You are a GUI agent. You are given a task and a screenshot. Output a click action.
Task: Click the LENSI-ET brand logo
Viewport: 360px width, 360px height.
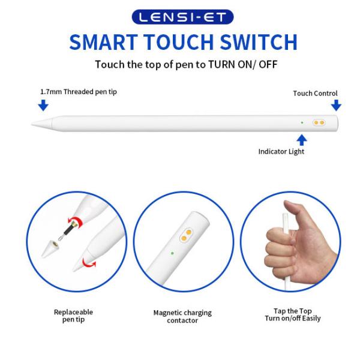[x=182, y=17]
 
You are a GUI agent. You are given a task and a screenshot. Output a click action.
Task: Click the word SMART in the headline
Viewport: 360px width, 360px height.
[x=104, y=42]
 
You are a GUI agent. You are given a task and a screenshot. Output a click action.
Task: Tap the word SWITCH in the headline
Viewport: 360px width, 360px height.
[x=259, y=42]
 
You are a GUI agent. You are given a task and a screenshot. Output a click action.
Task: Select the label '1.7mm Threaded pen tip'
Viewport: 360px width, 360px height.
[x=79, y=92]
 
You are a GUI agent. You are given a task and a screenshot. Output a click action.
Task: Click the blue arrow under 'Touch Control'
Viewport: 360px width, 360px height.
[x=336, y=105]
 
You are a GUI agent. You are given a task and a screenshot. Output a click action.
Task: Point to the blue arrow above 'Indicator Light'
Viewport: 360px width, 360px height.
[x=302, y=140]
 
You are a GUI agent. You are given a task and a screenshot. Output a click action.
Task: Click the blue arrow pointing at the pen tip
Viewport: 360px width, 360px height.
[x=43, y=105]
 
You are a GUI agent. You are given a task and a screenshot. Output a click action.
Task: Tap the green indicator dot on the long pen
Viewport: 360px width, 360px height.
[x=302, y=122]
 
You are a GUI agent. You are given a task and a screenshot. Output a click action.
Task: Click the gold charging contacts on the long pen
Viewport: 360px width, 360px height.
[x=319, y=122]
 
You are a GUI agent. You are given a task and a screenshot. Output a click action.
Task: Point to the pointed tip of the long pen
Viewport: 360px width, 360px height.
[x=32, y=124]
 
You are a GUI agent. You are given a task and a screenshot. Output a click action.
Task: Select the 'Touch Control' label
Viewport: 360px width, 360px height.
[x=315, y=94]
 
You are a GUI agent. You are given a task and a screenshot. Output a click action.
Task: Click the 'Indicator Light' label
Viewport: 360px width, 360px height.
[x=281, y=152]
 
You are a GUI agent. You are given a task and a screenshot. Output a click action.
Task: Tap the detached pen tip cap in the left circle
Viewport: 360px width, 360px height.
[x=50, y=248]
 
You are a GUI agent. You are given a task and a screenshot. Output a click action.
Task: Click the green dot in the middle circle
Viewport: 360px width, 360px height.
[x=172, y=253]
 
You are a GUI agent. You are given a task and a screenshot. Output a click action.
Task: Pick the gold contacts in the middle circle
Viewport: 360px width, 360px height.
[x=186, y=235]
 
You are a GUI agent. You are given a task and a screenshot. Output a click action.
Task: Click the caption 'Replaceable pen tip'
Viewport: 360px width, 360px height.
[x=73, y=316]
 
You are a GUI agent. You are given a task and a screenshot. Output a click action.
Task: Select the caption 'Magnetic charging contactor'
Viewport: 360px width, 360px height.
[x=182, y=316]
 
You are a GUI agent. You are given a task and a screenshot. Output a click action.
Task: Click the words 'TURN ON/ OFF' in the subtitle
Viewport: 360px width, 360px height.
[x=242, y=64]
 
